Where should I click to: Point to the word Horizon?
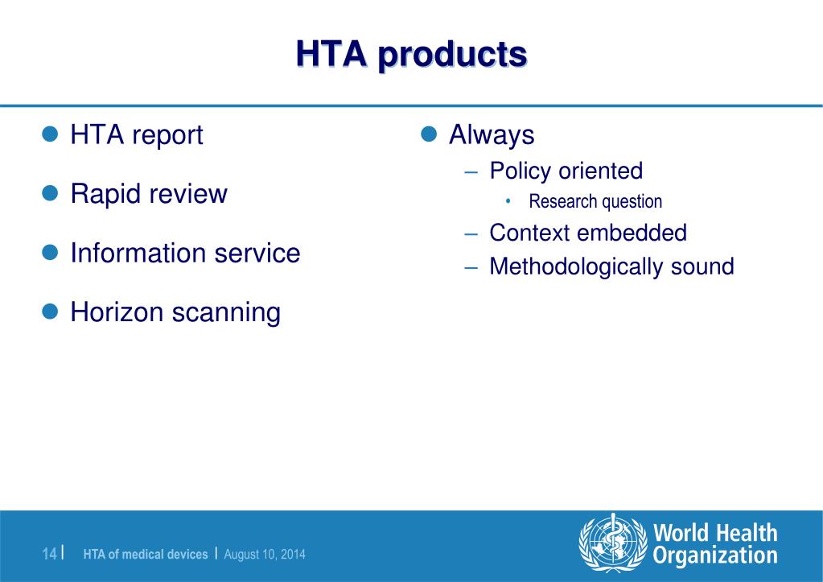tap(116, 312)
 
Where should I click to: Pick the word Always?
tap(492, 134)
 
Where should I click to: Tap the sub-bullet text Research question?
tap(595, 202)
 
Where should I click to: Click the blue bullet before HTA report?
tap(51, 134)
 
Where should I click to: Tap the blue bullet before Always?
tap(429, 134)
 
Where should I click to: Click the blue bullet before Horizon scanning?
tap(51, 311)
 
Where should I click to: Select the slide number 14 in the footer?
tap(50, 554)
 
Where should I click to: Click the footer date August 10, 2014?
tap(265, 555)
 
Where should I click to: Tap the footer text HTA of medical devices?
tap(146, 555)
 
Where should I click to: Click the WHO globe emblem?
tap(612, 543)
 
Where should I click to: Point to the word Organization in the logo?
tap(715, 556)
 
